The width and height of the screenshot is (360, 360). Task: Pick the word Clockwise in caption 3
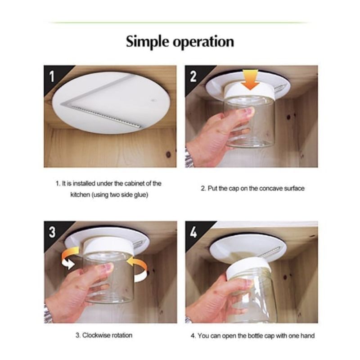pos(96,335)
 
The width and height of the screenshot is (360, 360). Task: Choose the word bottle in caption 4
pos(256,335)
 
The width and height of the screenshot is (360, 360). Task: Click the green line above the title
pos(180,22)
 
